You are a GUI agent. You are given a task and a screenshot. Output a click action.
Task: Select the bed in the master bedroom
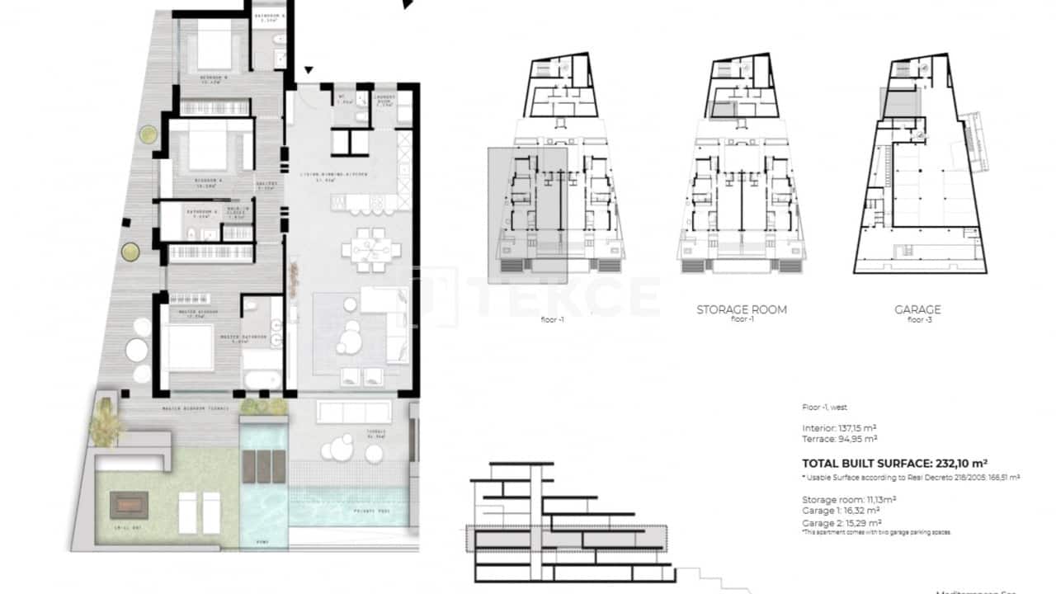(191, 347)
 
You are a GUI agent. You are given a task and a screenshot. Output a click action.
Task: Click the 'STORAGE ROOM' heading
(742, 309)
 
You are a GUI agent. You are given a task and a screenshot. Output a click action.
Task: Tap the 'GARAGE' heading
(917, 309)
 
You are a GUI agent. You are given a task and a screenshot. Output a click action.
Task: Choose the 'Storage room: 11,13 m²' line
(848, 499)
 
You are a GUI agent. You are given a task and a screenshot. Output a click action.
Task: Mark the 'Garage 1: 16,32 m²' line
(841, 511)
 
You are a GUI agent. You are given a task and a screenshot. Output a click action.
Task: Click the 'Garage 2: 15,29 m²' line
(841, 522)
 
